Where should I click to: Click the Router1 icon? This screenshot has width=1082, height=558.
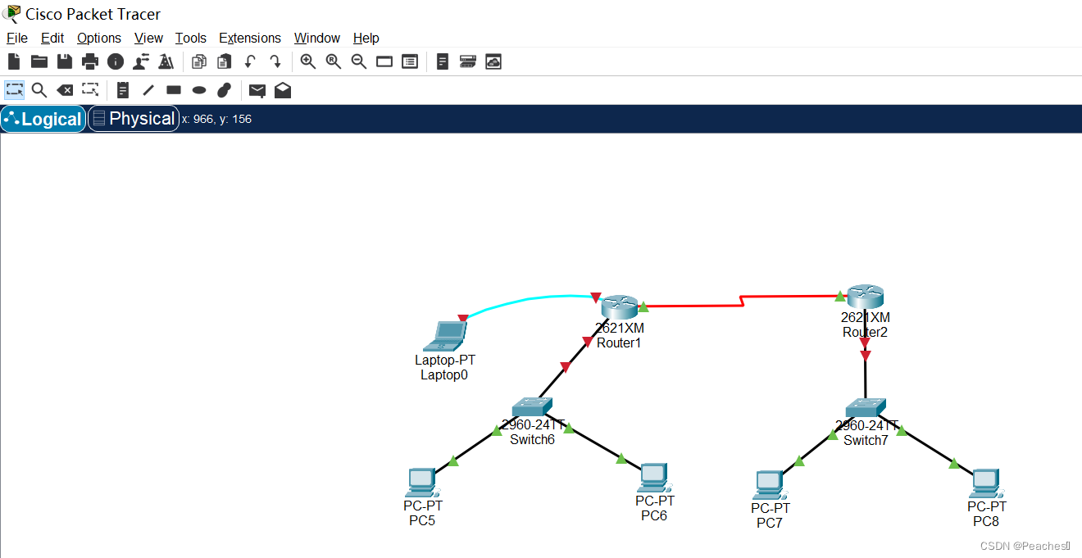[619, 307]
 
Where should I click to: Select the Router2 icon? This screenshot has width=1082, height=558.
[866, 297]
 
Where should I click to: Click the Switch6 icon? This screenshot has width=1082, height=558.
[532, 407]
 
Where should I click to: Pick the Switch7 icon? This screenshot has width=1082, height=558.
[866, 407]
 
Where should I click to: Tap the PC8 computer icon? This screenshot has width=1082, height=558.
[985, 483]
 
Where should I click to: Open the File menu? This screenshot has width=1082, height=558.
[17, 38]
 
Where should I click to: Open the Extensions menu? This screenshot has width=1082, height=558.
[250, 38]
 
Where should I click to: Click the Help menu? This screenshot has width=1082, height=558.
[366, 38]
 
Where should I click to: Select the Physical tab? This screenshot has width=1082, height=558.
[134, 119]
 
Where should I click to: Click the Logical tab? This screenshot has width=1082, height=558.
[43, 119]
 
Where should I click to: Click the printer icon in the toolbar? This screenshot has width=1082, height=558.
[90, 61]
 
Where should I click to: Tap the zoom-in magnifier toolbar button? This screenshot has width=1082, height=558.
[308, 61]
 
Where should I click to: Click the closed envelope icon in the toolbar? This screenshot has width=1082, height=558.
[257, 90]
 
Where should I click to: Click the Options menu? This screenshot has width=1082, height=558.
[99, 38]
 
